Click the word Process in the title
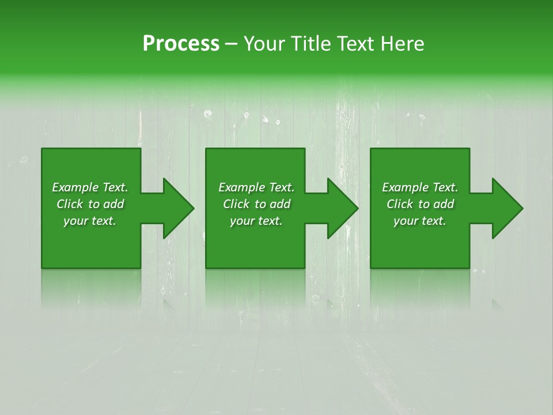coord(181,44)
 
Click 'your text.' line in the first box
coord(89,221)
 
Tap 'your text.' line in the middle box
coord(256,221)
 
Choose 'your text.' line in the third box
coord(419,221)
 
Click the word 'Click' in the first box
coord(70,204)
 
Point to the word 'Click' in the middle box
coord(236,204)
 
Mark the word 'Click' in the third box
coord(400,204)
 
